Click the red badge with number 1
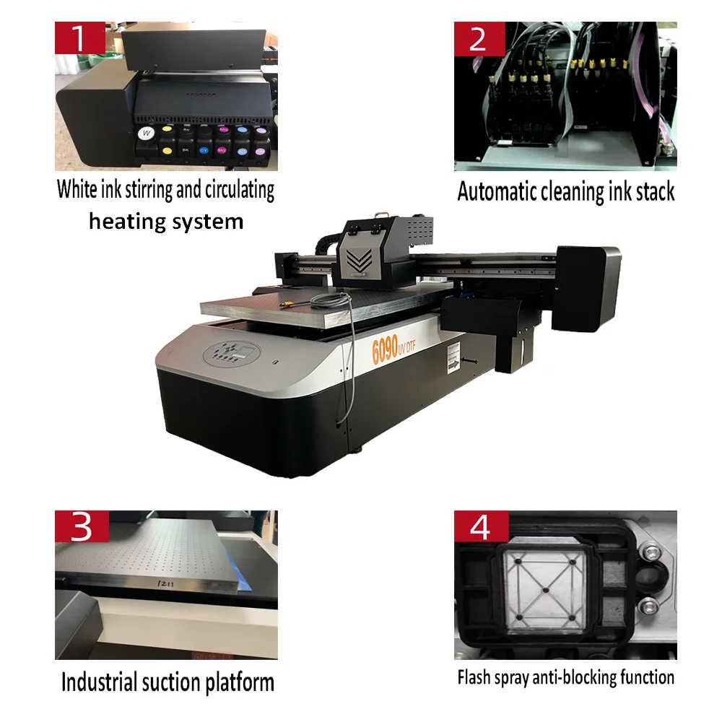click(x=79, y=38)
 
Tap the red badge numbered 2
click(x=478, y=38)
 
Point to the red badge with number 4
click(x=478, y=527)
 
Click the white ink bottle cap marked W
click(x=147, y=133)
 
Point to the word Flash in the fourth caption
click(x=472, y=677)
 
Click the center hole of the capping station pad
click(x=544, y=588)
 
